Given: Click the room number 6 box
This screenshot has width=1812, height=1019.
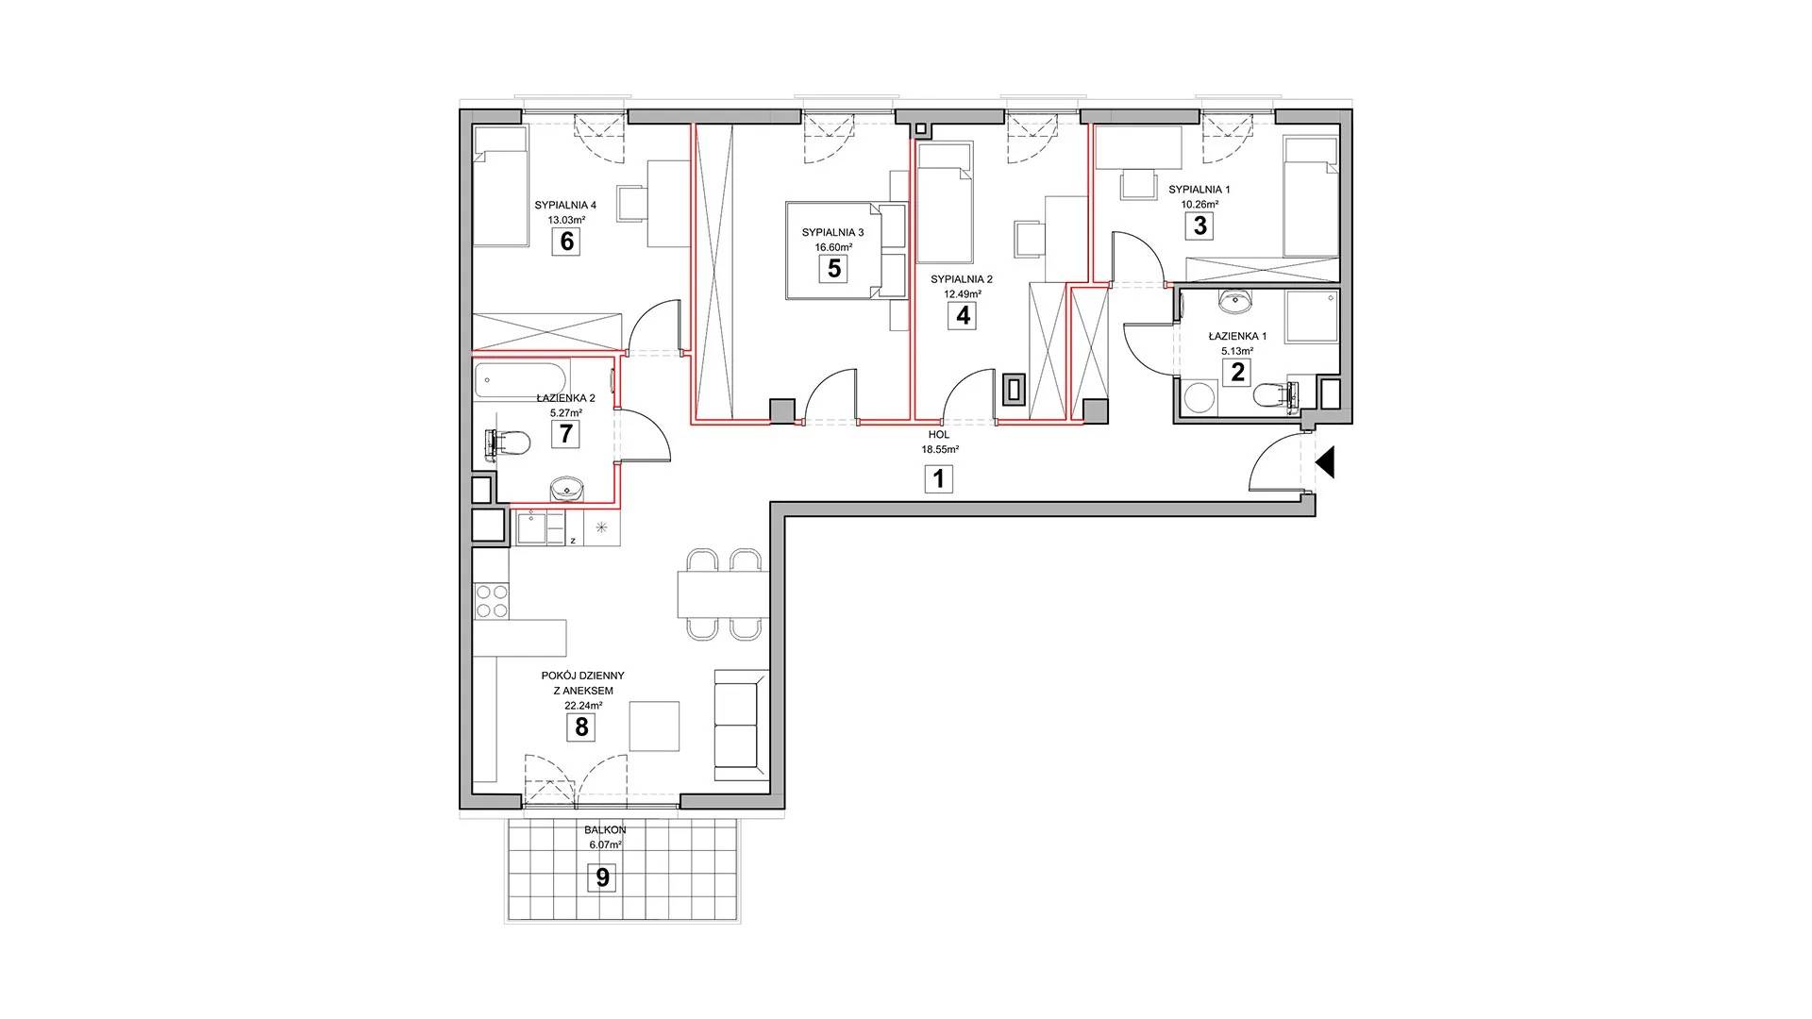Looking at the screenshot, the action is [x=566, y=242].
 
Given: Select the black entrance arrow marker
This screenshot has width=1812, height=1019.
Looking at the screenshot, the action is [x=1324, y=462].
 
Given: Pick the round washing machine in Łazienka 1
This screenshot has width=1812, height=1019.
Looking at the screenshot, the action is [x=1200, y=396].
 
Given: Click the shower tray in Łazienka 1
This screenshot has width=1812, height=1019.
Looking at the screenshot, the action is [x=1312, y=317].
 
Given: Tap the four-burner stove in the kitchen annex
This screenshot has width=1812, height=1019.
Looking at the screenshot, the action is [x=491, y=600].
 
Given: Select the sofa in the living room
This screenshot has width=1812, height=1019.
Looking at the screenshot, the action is [x=742, y=725].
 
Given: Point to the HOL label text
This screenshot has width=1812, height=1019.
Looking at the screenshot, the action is [x=938, y=435].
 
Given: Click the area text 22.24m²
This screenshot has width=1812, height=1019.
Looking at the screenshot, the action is [x=583, y=705].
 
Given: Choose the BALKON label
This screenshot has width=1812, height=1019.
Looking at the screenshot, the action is [x=605, y=830].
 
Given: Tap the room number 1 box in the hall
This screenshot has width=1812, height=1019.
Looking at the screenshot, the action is [x=938, y=479].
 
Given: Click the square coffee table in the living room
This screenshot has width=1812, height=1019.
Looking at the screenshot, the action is [x=654, y=726].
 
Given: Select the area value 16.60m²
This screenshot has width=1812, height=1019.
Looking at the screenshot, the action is [x=833, y=247].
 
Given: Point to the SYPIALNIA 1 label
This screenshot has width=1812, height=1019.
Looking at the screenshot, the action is [x=1199, y=190].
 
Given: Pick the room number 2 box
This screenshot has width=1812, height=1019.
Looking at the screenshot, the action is [x=1236, y=372].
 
